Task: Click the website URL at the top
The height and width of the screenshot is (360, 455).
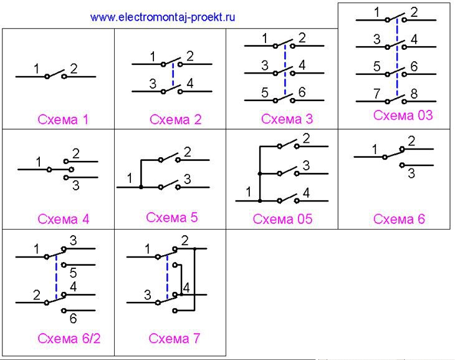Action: [163, 17]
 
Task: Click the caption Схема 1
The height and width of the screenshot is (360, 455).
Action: [63, 119]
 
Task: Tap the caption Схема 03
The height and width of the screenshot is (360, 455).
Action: [403, 115]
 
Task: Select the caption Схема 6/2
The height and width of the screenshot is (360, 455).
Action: [69, 339]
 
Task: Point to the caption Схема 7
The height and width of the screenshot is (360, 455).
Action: [174, 339]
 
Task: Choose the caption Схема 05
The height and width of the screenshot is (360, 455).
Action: [282, 219]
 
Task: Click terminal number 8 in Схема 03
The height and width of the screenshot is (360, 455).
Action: [414, 94]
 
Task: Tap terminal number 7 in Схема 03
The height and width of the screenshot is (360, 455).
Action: [376, 94]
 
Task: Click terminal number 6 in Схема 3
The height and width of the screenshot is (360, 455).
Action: [302, 92]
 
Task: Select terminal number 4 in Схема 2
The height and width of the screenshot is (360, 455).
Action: [189, 84]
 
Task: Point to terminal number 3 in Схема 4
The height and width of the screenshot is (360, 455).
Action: [76, 185]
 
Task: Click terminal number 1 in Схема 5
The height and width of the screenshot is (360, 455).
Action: [130, 178]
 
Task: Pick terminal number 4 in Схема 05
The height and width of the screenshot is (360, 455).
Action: [306, 193]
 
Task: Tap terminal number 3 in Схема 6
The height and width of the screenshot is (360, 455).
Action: [411, 173]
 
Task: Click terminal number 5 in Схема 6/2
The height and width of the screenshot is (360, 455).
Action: [73, 273]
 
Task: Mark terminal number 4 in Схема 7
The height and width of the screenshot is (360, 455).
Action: [186, 288]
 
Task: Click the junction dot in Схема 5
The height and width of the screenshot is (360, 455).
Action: [141, 187]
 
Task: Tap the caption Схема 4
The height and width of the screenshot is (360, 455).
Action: [63, 219]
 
